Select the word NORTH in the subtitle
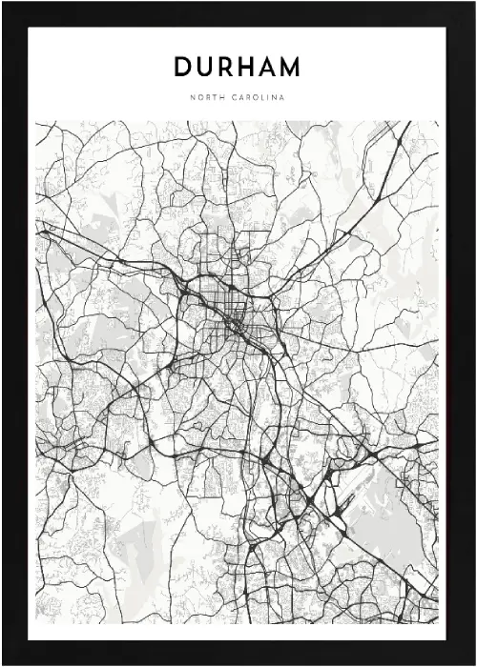206,97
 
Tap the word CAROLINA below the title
258,97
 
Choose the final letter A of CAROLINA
282,97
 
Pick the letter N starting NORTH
192,97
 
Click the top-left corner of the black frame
3,3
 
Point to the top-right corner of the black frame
473,3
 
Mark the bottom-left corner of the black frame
3,663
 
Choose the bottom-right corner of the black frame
473,663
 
